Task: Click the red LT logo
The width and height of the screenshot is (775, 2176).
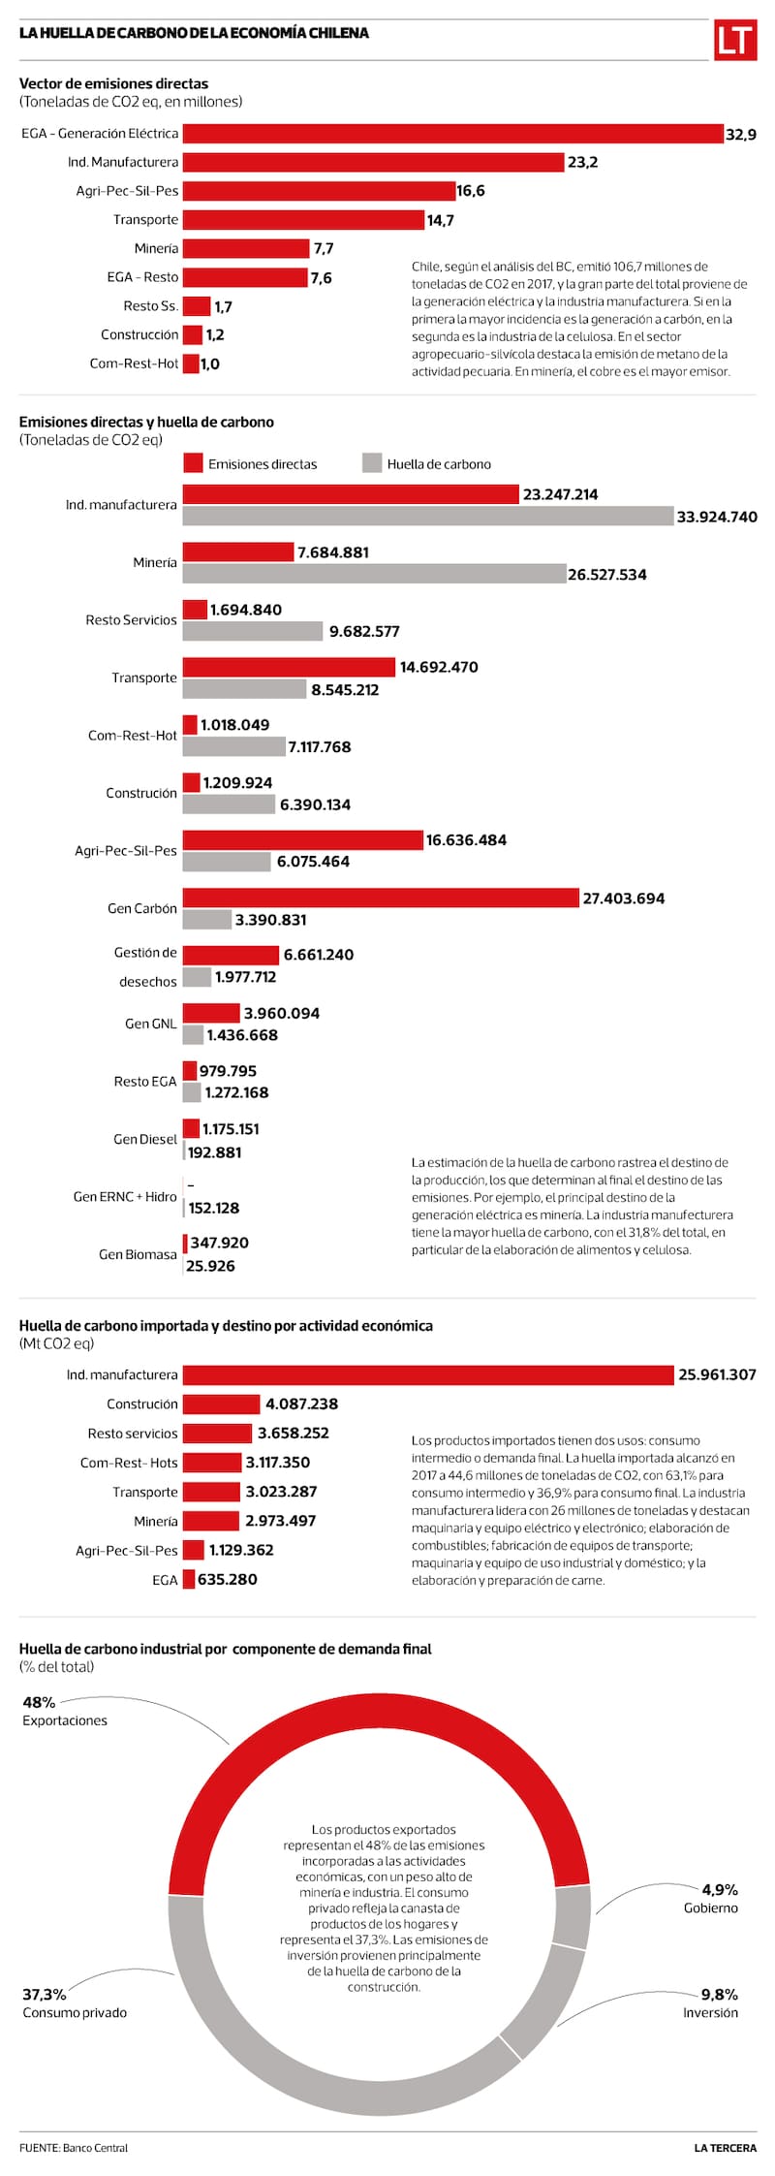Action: click(735, 40)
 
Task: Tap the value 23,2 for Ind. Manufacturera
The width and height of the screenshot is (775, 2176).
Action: click(582, 163)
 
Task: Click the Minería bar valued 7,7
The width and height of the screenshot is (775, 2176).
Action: click(246, 249)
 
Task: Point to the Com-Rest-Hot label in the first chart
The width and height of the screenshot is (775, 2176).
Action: click(134, 363)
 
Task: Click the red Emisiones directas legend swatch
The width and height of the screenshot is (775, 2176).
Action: click(193, 463)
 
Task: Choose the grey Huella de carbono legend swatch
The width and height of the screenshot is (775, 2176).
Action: click(372, 463)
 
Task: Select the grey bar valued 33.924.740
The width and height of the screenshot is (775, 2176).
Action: click(427, 517)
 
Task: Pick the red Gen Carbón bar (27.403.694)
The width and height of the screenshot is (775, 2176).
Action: click(381, 899)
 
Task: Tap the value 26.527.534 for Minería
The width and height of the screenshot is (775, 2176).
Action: click(606, 575)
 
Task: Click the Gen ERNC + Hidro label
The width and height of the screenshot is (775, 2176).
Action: click(125, 1197)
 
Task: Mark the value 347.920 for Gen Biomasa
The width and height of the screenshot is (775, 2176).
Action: click(219, 1243)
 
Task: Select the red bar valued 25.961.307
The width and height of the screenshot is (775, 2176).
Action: click(427, 1375)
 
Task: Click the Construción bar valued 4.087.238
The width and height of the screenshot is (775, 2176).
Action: click(222, 1404)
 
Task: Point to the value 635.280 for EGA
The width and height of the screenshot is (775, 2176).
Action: click(227, 1580)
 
